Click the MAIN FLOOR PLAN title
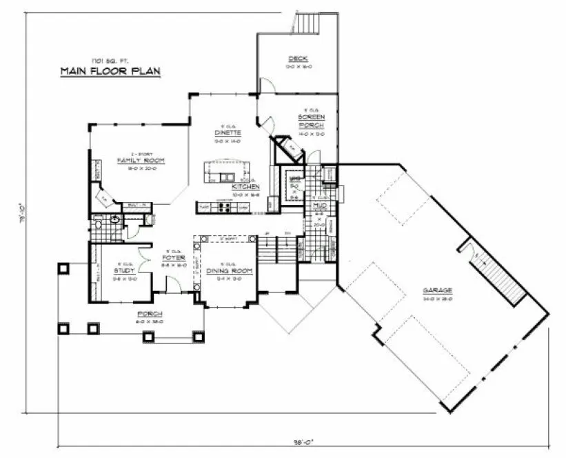point(110,71)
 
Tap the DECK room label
point(298,59)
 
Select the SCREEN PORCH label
point(311,121)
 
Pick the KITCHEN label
point(245,187)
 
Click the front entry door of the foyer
point(173,283)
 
